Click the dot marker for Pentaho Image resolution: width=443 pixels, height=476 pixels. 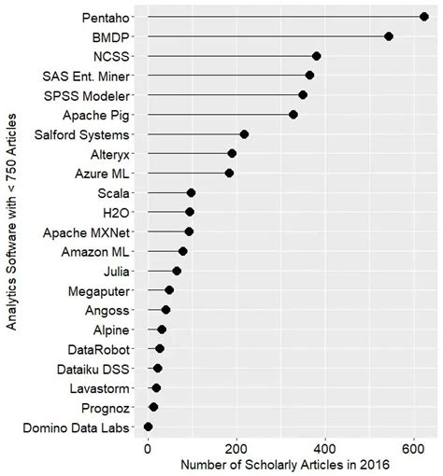(x=424, y=17)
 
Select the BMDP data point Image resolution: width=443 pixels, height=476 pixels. (x=389, y=36)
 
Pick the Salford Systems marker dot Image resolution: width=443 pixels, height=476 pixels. (x=244, y=134)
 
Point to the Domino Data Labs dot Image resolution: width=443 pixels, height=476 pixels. (x=148, y=427)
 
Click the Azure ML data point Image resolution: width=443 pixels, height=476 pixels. (x=229, y=173)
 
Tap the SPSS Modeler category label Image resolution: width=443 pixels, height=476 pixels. (x=92, y=95)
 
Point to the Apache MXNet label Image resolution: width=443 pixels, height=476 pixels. (x=92, y=231)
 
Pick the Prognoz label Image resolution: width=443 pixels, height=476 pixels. (x=110, y=407)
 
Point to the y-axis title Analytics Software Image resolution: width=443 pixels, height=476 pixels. (x=11, y=222)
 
